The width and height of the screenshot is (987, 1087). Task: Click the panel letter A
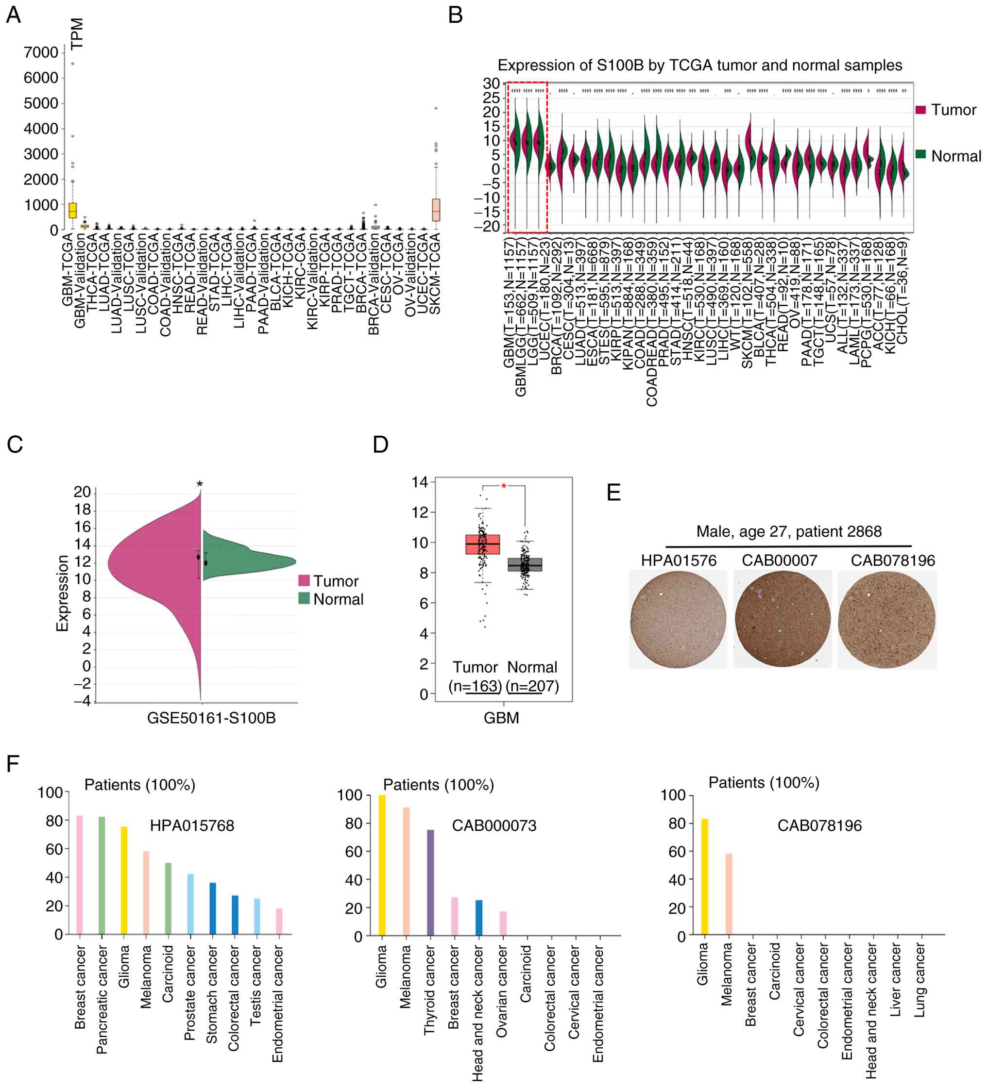(x=14, y=15)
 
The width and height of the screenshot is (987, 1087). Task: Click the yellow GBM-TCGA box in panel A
(x=72, y=210)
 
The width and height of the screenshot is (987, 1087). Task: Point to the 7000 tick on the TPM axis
(x=41, y=52)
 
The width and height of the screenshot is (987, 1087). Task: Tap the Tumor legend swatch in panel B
(x=920, y=110)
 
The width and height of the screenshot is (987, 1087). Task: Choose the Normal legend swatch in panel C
(x=304, y=598)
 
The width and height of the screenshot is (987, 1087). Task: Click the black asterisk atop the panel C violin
(x=200, y=485)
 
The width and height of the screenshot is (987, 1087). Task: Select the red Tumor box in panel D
(x=482, y=544)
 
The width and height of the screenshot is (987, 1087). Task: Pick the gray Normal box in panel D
(x=525, y=564)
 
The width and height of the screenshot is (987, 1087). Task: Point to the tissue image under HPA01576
(x=678, y=620)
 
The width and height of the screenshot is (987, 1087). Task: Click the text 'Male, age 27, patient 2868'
(x=788, y=532)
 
